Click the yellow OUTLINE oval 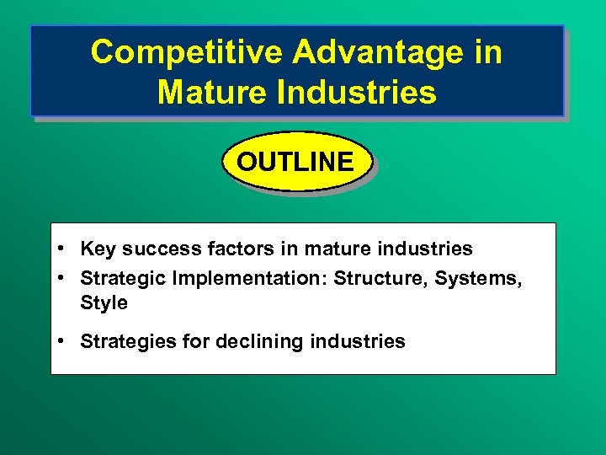pos(295,161)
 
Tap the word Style pos(104,302)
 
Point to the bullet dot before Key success pos(63,249)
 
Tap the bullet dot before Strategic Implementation pos(63,278)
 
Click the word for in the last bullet pos(191,341)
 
